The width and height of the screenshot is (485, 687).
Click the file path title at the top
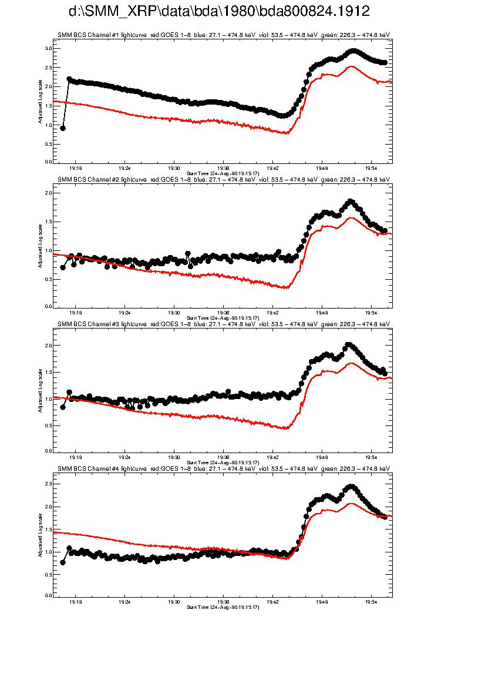(219, 12)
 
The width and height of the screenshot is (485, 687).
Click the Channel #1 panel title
(224, 35)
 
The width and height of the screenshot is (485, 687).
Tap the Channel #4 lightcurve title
(224, 468)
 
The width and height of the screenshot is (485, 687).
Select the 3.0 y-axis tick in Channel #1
(49, 48)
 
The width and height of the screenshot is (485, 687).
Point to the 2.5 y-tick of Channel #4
(49, 484)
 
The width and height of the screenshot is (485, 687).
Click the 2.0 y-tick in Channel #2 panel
(49, 193)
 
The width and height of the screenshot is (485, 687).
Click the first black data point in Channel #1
(63, 128)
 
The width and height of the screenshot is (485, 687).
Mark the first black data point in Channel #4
(63, 562)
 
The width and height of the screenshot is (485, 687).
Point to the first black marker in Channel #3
(63, 407)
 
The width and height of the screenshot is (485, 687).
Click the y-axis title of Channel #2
(40, 246)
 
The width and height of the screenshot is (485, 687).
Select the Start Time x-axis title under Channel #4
(223, 606)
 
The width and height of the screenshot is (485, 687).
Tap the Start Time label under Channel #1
(223, 172)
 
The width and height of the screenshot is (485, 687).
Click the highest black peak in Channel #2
(351, 202)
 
